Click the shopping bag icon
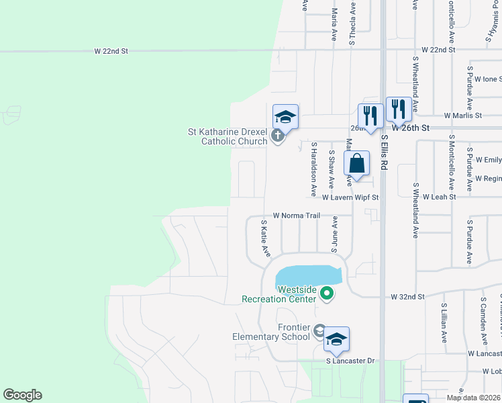tap(357, 163)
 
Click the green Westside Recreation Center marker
tap(327, 293)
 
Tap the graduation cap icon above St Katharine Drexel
tap(285, 117)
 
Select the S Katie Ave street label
tap(265, 238)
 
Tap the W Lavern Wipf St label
tap(350, 198)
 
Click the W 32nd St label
tap(408, 296)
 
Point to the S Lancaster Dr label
tap(350, 361)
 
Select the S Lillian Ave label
tap(444, 322)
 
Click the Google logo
tap(22, 395)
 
